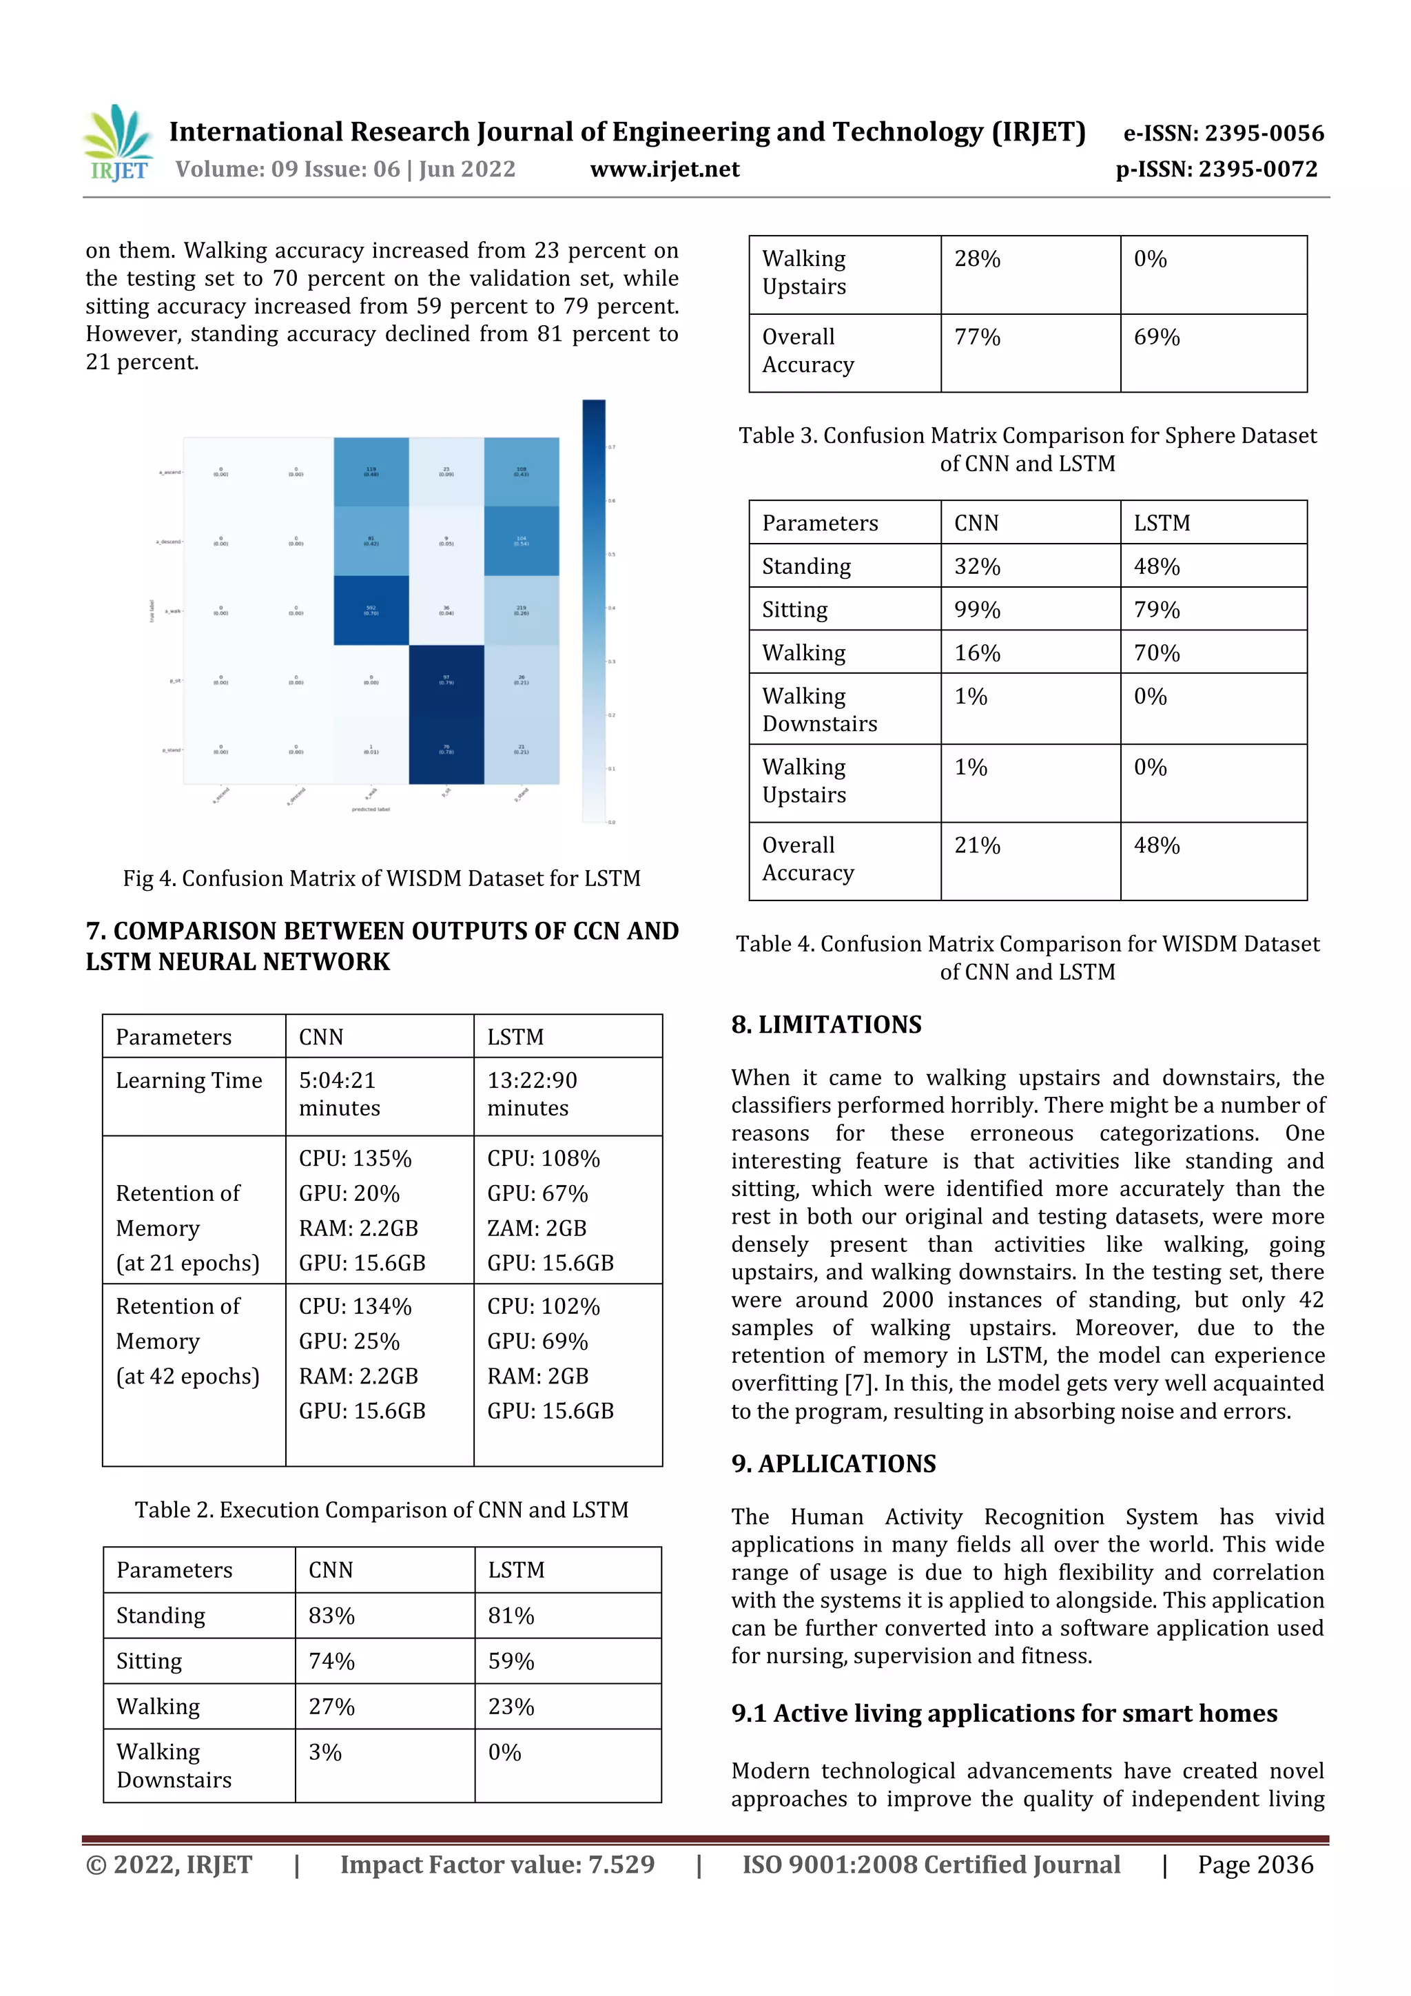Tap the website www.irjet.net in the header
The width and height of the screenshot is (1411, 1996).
tap(664, 169)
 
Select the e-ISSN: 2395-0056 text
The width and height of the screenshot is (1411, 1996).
tap(1223, 133)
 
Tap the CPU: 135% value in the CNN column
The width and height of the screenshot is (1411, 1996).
tap(355, 1158)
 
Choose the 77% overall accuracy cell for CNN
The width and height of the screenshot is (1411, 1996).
tap(977, 338)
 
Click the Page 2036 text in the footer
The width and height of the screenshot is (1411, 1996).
tap(1255, 1864)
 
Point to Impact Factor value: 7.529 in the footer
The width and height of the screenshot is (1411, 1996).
tap(497, 1864)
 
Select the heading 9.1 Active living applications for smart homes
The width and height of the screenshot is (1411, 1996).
tap(1003, 1713)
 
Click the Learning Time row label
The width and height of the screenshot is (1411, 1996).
tap(189, 1080)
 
